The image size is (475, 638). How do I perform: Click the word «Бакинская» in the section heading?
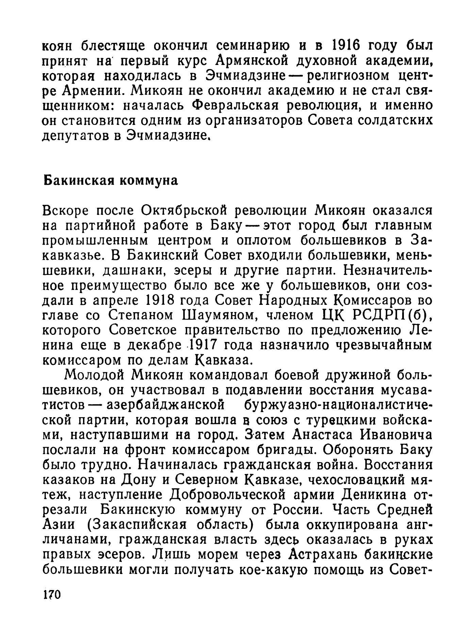pyautogui.click(x=77, y=180)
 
